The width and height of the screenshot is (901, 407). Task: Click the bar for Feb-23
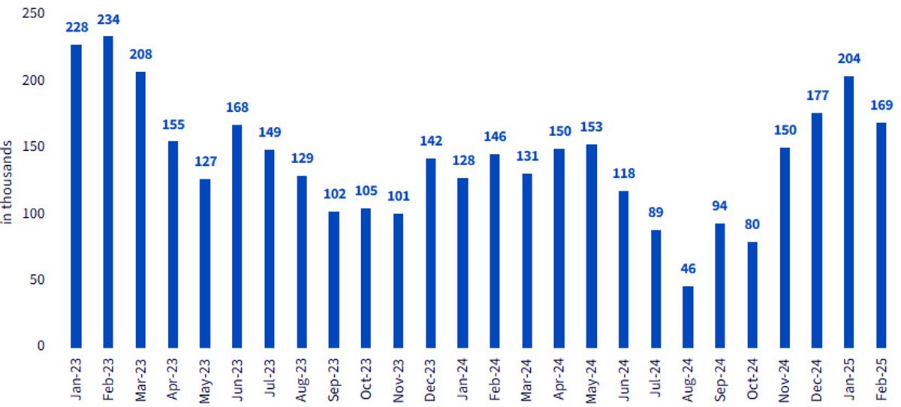click(108, 191)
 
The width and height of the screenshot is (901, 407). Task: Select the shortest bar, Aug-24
click(688, 317)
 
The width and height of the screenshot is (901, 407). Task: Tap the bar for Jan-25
click(848, 212)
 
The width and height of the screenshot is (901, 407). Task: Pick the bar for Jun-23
click(237, 237)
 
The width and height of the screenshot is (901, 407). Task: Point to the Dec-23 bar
click(430, 253)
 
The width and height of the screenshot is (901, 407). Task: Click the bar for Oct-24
click(752, 295)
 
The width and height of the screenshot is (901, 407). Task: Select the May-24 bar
click(592, 246)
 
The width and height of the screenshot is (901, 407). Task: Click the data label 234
click(108, 20)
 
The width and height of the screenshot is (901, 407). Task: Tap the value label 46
click(688, 269)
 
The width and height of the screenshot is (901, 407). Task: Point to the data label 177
click(818, 95)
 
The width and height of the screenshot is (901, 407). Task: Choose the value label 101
click(398, 196)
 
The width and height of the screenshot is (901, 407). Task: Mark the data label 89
click(655, 212)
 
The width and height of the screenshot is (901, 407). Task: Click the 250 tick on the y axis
click(33, 14)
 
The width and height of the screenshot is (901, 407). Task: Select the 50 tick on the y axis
click(37, 279)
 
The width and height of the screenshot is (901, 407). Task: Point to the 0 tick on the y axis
click(41, 345)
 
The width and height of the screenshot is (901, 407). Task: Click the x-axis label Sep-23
click(334, 380)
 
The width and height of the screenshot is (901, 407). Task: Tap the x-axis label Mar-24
click(527, 380)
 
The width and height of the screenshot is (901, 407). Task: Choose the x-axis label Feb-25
click(881, 379)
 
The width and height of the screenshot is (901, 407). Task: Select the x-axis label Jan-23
click(76, 379)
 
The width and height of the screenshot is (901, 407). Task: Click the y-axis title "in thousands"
click(7, 182)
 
